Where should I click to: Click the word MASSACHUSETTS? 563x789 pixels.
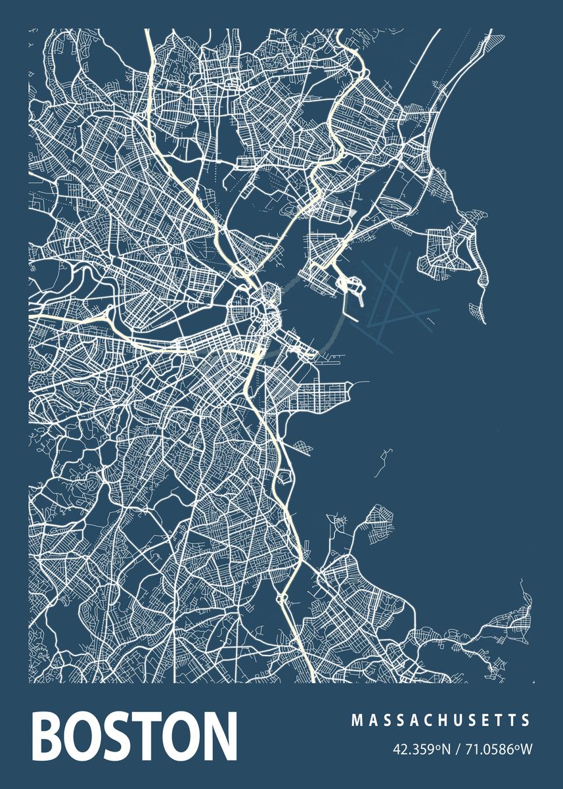click(441, 721)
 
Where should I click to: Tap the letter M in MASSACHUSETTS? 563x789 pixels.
click(356, 721)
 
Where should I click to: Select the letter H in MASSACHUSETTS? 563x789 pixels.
click(440, 721)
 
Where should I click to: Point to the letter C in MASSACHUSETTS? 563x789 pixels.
click(426, 721)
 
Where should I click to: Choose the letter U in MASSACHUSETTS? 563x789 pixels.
click(455, 721)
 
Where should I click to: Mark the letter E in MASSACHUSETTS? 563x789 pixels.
click(485, 721)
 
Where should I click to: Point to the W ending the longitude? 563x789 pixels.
click(526, 749)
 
